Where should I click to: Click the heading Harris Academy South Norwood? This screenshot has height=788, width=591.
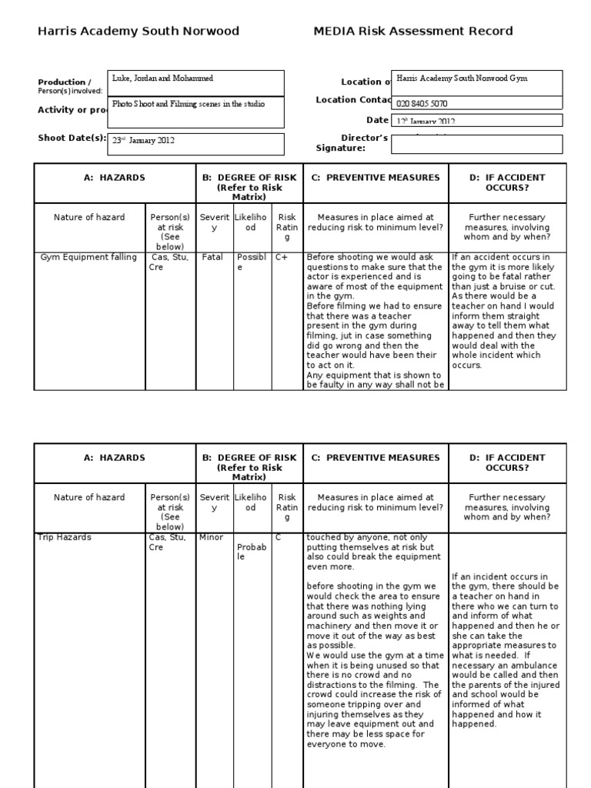click(x=139, y=32)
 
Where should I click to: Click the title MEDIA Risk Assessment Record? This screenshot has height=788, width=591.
click(x=412, y=32)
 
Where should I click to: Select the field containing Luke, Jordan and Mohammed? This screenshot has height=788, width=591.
click(x=197, y=82)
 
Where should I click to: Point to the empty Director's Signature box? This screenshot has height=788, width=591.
click(x=476, y=144)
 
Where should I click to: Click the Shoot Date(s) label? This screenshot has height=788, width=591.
click(x=71, y=138)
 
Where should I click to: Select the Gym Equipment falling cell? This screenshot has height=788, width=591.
click(x=89, y=257)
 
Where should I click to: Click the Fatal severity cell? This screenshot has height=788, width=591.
click(x=212, y=257)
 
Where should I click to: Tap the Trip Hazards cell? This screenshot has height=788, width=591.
click(x=64, y=537)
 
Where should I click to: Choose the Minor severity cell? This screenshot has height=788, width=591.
click(x=212, y=537)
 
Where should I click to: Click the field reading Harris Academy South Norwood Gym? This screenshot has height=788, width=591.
click(x=476, y=79)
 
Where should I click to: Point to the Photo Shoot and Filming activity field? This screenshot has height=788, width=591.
click(x=197, y=104)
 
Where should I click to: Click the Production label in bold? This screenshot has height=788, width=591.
click(x=63, y=82)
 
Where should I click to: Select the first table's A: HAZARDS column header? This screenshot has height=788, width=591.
click(x=114, y=178)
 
